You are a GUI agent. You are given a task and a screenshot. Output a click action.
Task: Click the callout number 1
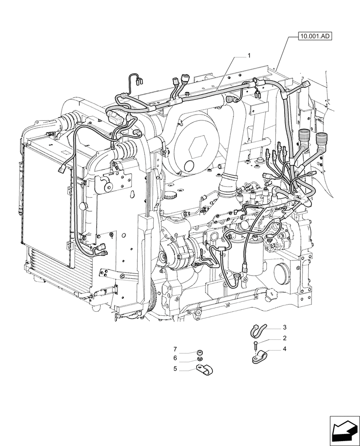[x=250, y=56]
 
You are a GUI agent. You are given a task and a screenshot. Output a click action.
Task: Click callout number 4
[x=284, y=349]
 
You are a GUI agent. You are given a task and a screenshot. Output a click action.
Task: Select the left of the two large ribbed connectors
[x=304, y=136]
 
